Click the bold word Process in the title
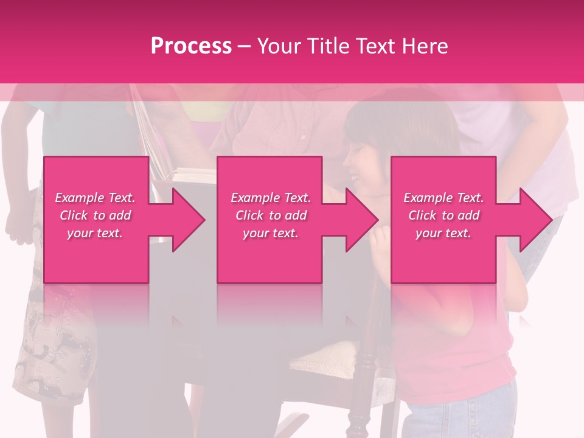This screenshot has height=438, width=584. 191,46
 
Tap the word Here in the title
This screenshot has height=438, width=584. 425,46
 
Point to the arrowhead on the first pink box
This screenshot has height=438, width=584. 189,220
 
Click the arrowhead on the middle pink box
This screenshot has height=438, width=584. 362,220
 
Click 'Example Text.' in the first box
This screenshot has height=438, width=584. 95,198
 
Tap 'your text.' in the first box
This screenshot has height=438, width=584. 95,233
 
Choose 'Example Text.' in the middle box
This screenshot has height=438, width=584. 271,198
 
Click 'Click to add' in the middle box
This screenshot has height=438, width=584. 271,215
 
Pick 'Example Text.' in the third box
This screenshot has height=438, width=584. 443,198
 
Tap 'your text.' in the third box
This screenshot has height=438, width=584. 443,233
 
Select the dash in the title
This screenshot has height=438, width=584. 245,46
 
